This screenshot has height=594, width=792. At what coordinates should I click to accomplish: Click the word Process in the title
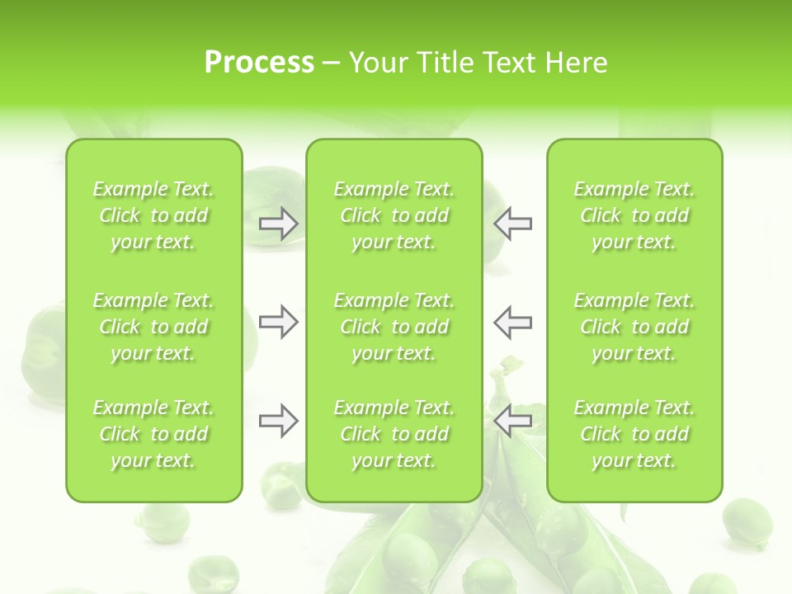259,63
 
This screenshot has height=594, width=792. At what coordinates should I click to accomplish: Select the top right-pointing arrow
279,224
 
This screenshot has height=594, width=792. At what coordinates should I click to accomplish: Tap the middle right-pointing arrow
279,322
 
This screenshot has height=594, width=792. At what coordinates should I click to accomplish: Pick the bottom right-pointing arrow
279,422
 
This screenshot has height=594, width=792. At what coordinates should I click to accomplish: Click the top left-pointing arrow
512,224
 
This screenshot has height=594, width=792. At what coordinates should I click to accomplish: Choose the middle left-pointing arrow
512,322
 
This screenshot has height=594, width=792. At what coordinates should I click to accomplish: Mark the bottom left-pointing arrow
512,422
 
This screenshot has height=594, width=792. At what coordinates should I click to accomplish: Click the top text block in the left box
153,215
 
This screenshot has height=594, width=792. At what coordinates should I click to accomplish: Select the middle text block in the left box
153,327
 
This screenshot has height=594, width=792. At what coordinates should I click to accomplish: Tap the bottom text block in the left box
153,434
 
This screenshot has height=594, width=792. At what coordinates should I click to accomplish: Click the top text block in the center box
394,215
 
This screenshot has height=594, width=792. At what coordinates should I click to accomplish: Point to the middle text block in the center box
394,327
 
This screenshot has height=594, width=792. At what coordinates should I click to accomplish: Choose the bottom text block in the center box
394,434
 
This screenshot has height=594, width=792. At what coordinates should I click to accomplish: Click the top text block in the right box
634,215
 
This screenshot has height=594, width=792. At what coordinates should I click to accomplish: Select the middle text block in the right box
634,327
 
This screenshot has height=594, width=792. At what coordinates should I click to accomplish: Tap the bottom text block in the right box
634,434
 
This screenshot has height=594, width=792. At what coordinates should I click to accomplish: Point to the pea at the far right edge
747,522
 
